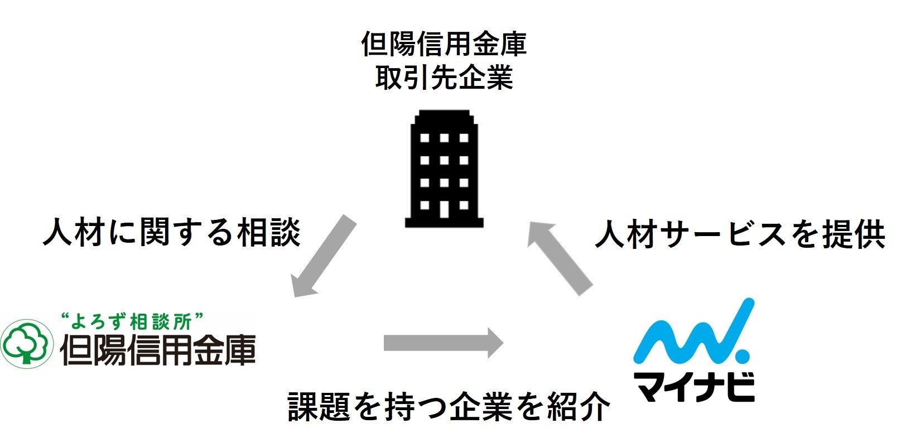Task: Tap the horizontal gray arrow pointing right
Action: click(x=444, y=342)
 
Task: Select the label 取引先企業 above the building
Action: click(x=444, y=78)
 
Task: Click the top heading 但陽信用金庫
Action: click(x=444, y=45)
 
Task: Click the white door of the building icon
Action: click(x=444, y=208)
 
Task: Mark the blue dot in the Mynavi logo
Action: click(x=743, y=354)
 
